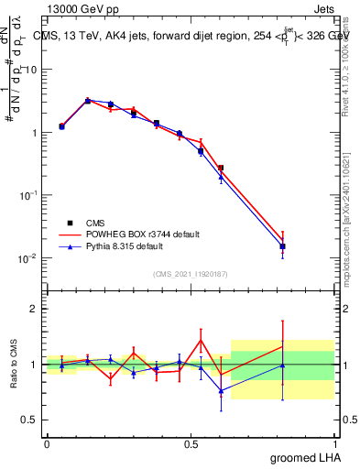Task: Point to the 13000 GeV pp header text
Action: [80, 7]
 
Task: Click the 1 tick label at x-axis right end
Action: [335, 444]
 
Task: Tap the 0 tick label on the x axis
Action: [47, 444]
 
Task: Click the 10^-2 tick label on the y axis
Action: [27, 258]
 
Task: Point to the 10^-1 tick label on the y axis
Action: [27, 195]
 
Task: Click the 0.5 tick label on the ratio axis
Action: [29, 420]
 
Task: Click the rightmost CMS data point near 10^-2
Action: [283, 246]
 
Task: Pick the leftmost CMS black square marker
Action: [61, 126]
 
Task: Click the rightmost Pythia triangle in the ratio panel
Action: [283, 365]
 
